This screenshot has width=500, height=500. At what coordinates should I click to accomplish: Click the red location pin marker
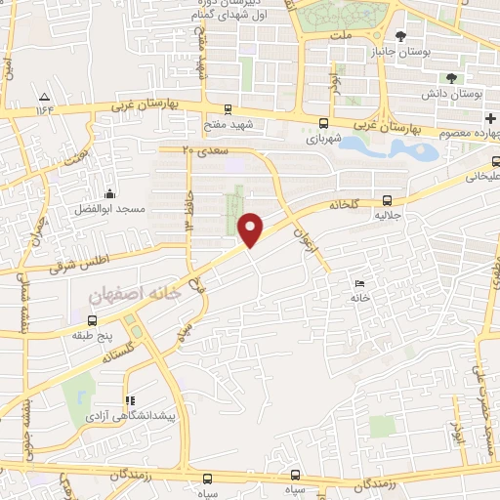point(252,229)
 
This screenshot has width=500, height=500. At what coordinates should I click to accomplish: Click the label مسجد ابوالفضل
point(108,210)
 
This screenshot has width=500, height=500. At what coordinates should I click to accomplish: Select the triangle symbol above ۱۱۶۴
point(45,96)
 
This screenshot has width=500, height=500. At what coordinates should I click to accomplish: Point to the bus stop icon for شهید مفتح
point(228,109)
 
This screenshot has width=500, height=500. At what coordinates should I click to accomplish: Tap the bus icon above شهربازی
point(323,123)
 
